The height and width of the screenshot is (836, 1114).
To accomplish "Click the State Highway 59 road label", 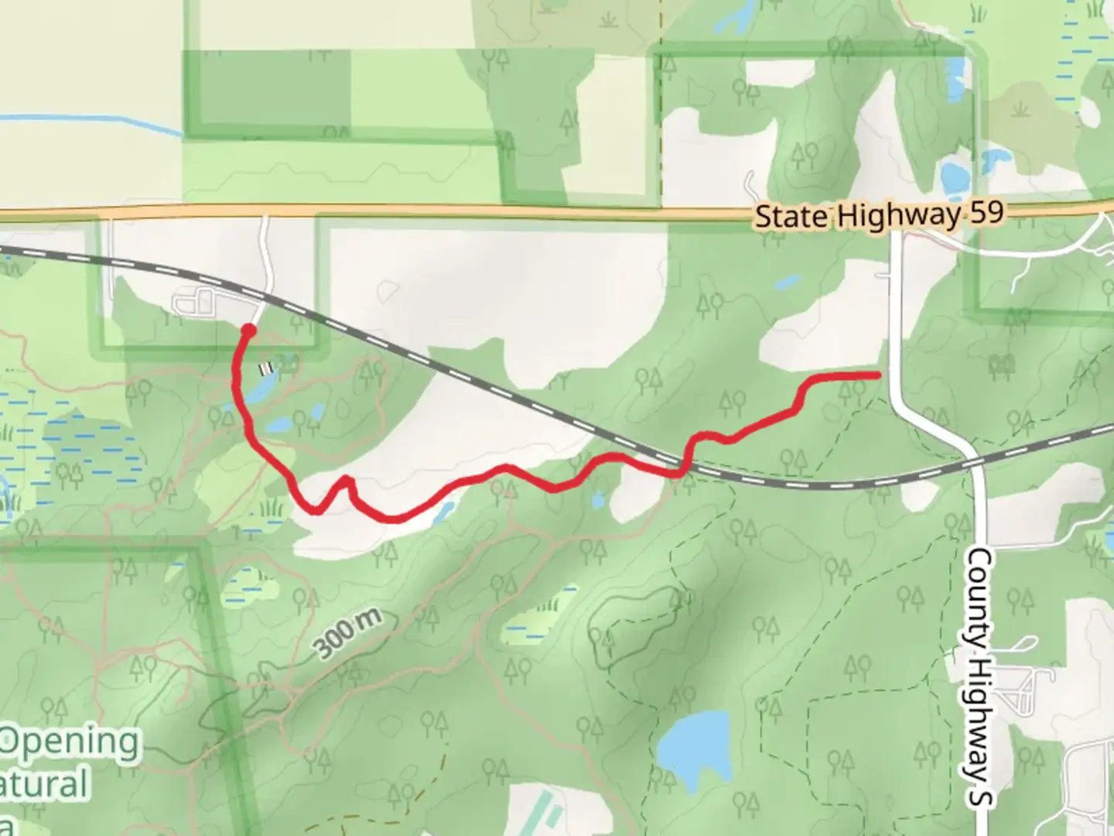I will click(x=879, y=214).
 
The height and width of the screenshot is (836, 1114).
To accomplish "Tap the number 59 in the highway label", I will click(x=986, y=212).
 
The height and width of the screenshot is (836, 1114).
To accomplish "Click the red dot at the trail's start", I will click(x=248, y=331).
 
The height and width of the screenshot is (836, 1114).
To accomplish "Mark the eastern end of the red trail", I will click(x=878, y=375).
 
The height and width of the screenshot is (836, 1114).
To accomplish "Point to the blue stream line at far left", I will click(x=93, y=121).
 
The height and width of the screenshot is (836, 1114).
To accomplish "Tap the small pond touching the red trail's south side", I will click(x=443, y=512).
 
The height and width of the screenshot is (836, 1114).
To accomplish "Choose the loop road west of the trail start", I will click(x=194, y=302).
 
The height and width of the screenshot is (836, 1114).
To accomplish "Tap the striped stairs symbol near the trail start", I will click(x=266, y=365).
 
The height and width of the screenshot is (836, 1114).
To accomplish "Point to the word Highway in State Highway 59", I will click(x=897, y=215).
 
